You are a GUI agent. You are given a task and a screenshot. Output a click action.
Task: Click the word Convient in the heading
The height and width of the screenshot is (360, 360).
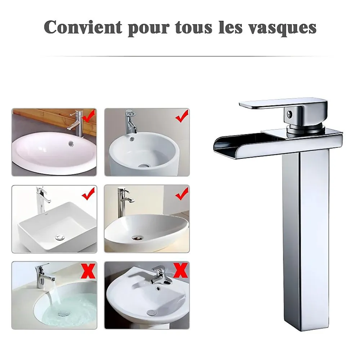coord(83,27)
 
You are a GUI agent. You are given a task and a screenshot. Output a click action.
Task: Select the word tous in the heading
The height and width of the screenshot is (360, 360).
coord(194,28)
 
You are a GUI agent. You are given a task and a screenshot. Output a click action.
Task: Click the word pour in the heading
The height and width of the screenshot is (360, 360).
coord(149,29)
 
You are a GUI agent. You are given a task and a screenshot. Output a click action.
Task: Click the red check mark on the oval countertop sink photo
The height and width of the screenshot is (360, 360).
coord(89,116)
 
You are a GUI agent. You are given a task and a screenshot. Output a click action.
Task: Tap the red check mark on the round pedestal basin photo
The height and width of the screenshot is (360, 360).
coord(182,116)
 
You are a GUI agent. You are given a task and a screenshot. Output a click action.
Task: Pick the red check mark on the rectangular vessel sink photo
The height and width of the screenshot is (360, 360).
coord(89,194)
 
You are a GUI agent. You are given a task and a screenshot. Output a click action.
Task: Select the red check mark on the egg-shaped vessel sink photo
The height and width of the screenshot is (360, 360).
coord(182,194)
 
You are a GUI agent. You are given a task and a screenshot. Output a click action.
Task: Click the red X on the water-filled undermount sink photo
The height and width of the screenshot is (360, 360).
coord(89,271)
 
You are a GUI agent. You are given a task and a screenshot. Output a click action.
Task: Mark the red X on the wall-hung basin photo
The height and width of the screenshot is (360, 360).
coord(180,270)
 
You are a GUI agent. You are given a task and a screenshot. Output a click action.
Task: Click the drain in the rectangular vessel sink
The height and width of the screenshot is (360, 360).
coord(60,238)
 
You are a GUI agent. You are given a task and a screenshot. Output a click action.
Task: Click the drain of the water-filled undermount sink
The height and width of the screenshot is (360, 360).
coord(62,314)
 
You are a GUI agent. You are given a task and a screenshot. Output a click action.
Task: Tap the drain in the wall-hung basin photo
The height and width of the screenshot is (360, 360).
coord(151,312)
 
